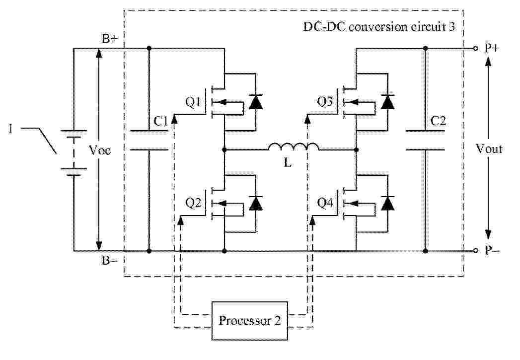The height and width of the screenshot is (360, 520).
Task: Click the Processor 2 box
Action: point(249,320)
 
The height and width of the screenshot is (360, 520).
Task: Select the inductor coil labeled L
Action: point(294,147)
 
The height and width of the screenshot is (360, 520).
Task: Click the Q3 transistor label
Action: point(326,102)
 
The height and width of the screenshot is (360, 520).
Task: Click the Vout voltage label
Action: point(489,148)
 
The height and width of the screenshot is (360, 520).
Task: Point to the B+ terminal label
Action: point(109,40)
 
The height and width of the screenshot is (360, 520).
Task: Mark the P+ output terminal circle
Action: point(475,48)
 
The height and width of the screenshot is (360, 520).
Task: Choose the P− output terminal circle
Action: point(475,251)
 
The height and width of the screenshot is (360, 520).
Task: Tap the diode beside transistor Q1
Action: point(256,102)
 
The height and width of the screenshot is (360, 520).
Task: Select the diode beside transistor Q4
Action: point(388,203)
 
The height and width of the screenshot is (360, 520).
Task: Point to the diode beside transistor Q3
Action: point(388,102)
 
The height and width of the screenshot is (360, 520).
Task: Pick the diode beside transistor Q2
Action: point(256,203)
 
